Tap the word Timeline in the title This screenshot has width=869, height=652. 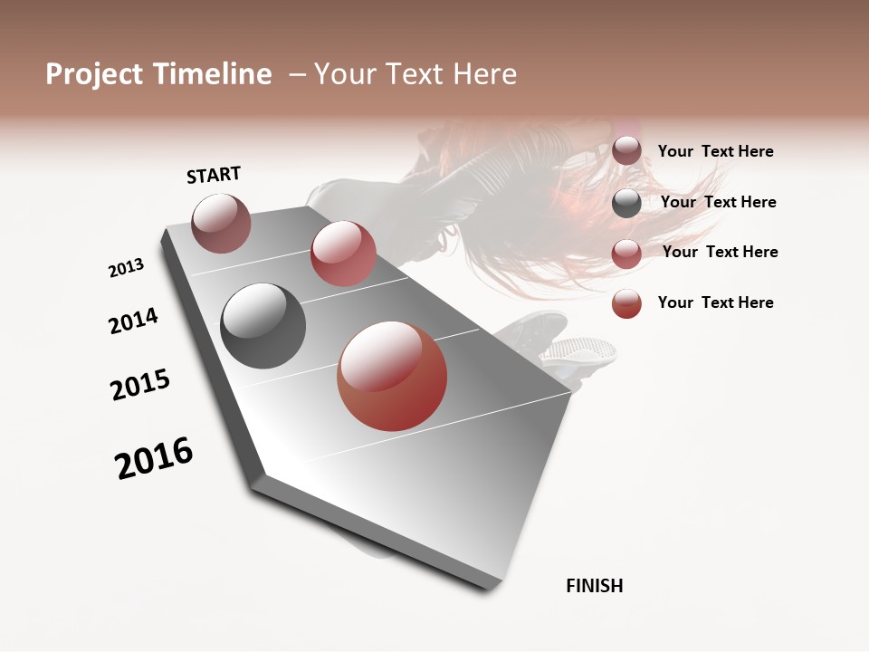tap(215, 74)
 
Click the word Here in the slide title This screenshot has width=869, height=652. tap(483, 74)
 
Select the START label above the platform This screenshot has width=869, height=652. tap(214, 175)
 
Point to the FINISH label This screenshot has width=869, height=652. tap(595, 586)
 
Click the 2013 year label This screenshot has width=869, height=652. tap(126, 268)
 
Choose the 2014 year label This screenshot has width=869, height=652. tap(133, 321)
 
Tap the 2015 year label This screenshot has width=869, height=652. tap(140, 385)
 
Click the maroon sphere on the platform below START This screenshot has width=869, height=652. tap(221, 223)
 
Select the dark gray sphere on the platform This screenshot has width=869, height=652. tap(263, 326)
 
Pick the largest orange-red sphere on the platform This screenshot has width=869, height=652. tap(392, 376)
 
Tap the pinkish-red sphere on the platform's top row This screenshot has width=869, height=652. tap(343, 254)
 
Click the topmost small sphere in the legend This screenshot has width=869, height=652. tap(626, 151)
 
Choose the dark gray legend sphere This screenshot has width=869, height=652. tap(626, 203)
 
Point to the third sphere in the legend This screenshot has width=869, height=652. tap(626, 254)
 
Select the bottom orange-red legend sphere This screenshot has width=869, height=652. tap(626, 303)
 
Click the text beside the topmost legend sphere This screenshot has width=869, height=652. tap(715, 152)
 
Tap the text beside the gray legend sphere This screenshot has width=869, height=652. tap(718, 202)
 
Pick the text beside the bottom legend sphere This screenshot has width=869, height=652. tap(715, 302)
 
